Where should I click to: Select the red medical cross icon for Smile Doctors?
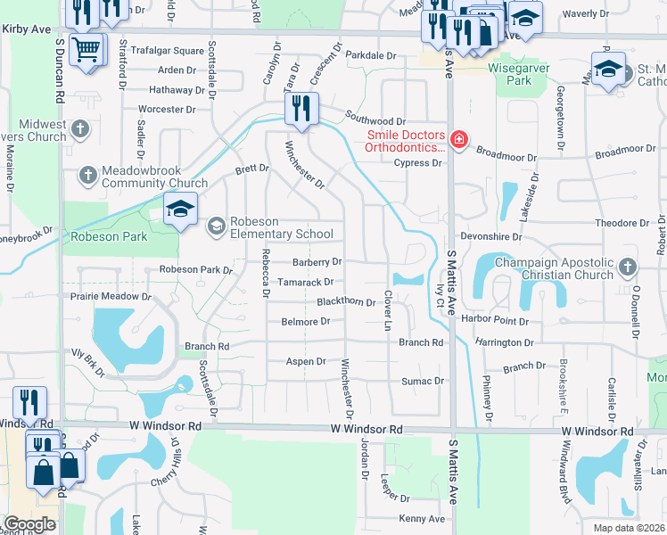458,138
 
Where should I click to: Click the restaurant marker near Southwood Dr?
301,109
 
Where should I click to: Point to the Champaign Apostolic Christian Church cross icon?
628,267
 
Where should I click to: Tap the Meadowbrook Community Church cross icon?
87,175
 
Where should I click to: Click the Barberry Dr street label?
317,262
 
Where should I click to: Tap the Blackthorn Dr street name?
346,302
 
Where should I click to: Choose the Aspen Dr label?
305,361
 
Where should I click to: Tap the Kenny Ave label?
422,519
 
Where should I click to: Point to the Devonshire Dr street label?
490,238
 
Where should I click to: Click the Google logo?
29,524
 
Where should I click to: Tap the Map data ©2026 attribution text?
629,528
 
